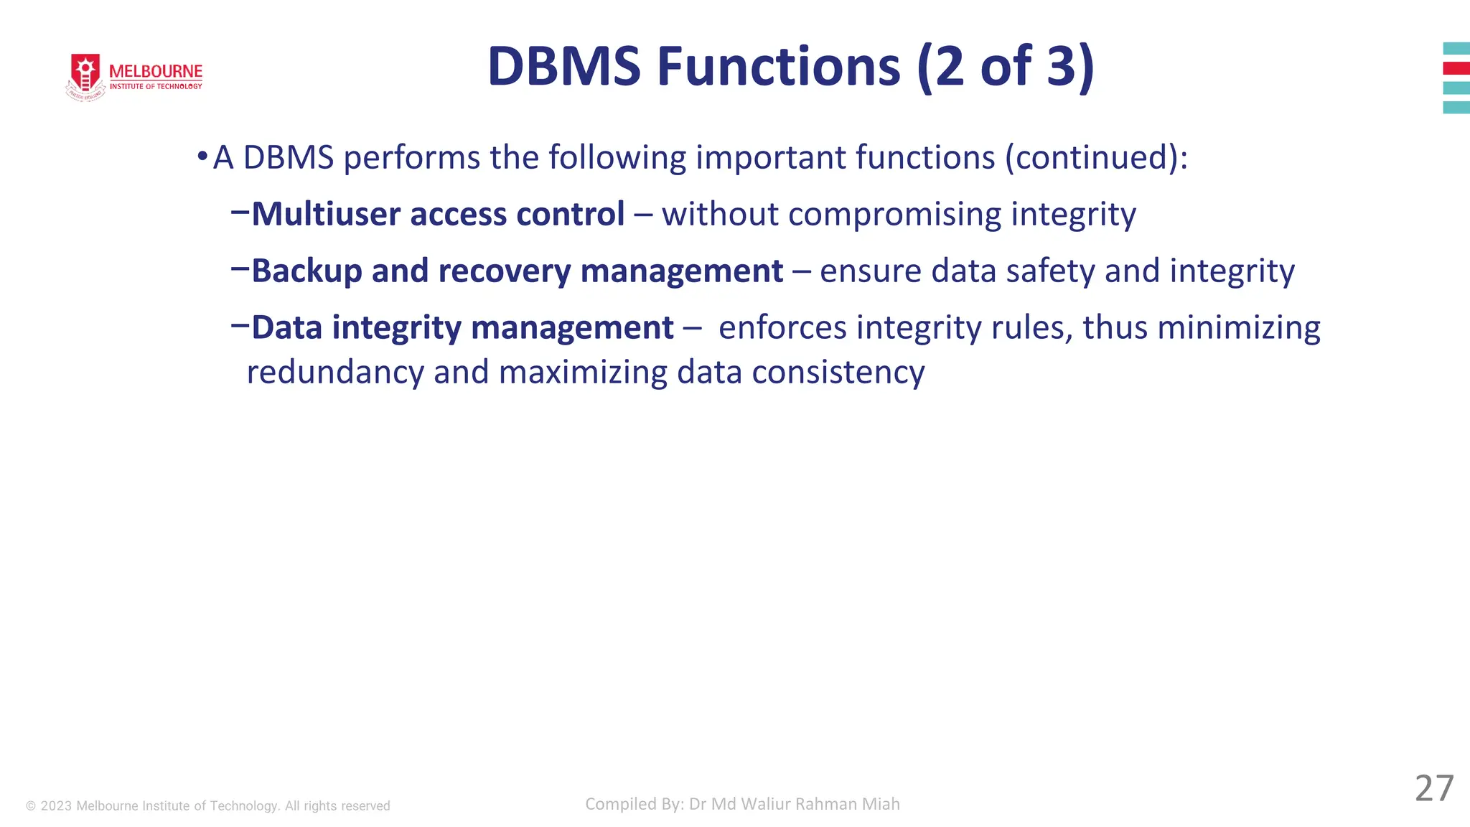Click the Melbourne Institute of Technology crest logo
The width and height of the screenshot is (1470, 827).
[x=85, y=75]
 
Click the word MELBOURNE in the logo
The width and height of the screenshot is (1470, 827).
[x=156, y=72]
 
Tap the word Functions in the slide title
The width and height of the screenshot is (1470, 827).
[x=778, y=67]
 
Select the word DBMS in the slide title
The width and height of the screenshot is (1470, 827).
[x=563, y=67]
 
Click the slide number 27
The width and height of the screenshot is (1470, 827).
[x=1433, y=789]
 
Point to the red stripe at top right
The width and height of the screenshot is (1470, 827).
[x=1456, y=68]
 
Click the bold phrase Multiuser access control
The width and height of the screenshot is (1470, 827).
[x=438, y=214]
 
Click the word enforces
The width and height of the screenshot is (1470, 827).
[x=782, y=328]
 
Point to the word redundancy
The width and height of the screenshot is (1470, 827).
[x=335, y=373]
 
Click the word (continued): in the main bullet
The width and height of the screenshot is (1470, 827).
[x=1096, y=158]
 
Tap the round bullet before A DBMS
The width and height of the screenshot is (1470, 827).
[x=202, y=156]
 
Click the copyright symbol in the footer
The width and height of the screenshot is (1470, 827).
[x=31, y=806]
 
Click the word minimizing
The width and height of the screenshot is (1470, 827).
[x=1238, y=328]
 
